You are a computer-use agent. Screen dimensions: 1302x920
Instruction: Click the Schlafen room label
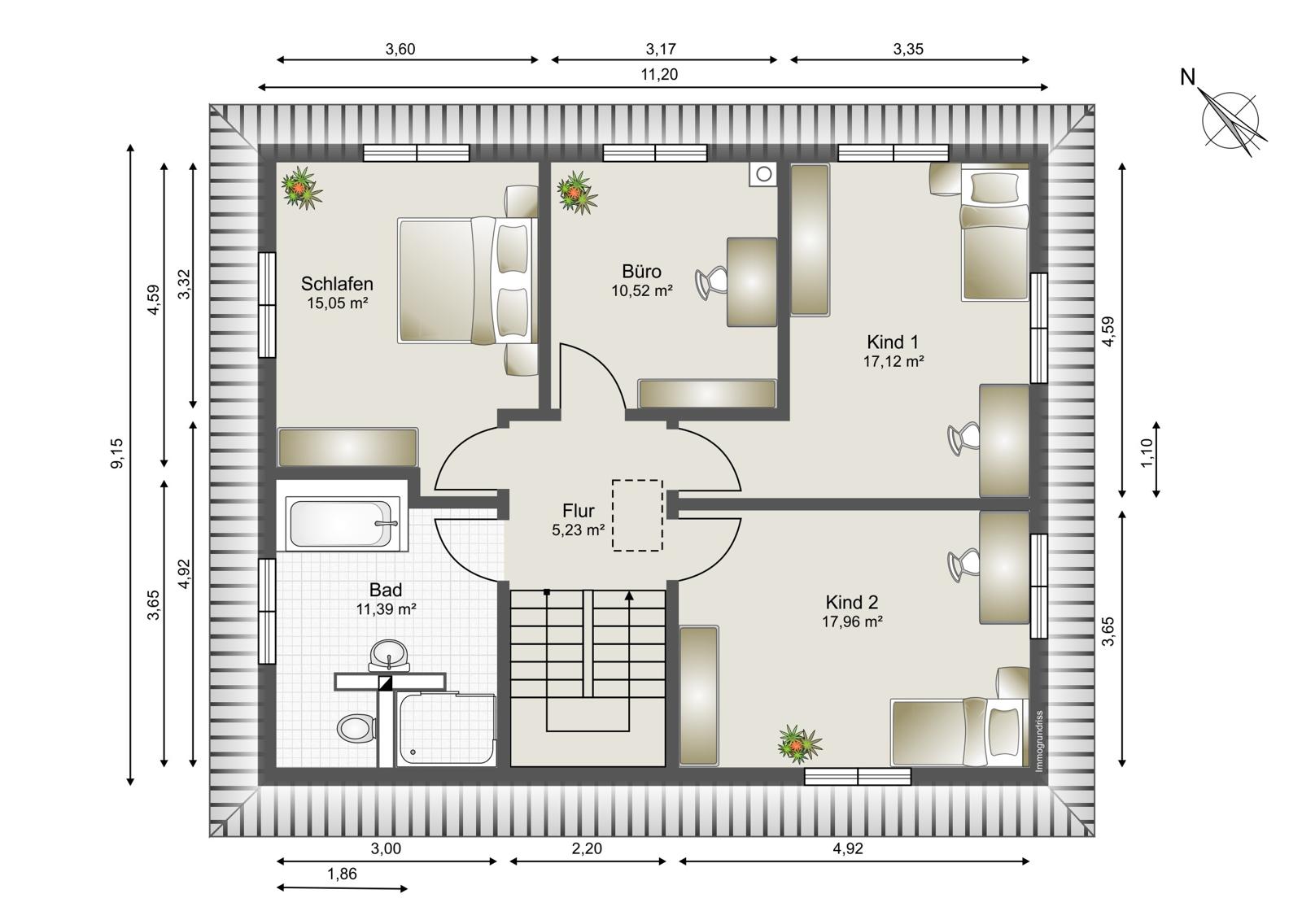pos(337,284)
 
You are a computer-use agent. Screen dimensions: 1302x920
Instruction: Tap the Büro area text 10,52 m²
pos(642,290)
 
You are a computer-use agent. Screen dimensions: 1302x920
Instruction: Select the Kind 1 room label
pos(893,342)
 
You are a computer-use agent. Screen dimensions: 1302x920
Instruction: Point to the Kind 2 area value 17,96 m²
pos(852,621)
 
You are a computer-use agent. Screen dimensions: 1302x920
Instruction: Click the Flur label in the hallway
pos(579,510)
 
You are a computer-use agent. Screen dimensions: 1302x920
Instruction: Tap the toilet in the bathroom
pos(356,728)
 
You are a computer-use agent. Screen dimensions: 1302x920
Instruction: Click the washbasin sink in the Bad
pos(389,655)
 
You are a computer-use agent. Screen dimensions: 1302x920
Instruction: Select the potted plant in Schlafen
pos(301,188)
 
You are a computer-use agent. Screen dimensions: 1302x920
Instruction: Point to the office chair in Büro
pos(711,283)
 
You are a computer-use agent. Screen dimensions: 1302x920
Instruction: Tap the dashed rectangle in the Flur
pos(637,515)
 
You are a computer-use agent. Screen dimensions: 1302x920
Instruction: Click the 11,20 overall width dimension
pos(659,74)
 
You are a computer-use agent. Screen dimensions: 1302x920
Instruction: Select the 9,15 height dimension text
pos(117,454)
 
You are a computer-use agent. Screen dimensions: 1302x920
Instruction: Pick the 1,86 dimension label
pos(342,874)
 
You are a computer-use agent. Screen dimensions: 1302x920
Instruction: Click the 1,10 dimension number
pos(1147,454)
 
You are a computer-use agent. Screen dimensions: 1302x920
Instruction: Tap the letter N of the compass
pos(1187,77)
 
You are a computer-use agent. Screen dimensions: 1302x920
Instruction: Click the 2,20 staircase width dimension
pos(587,848)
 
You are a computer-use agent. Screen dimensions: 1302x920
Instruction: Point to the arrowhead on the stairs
pos(629,595)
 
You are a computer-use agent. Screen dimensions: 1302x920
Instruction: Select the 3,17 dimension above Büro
pos(660,49)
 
